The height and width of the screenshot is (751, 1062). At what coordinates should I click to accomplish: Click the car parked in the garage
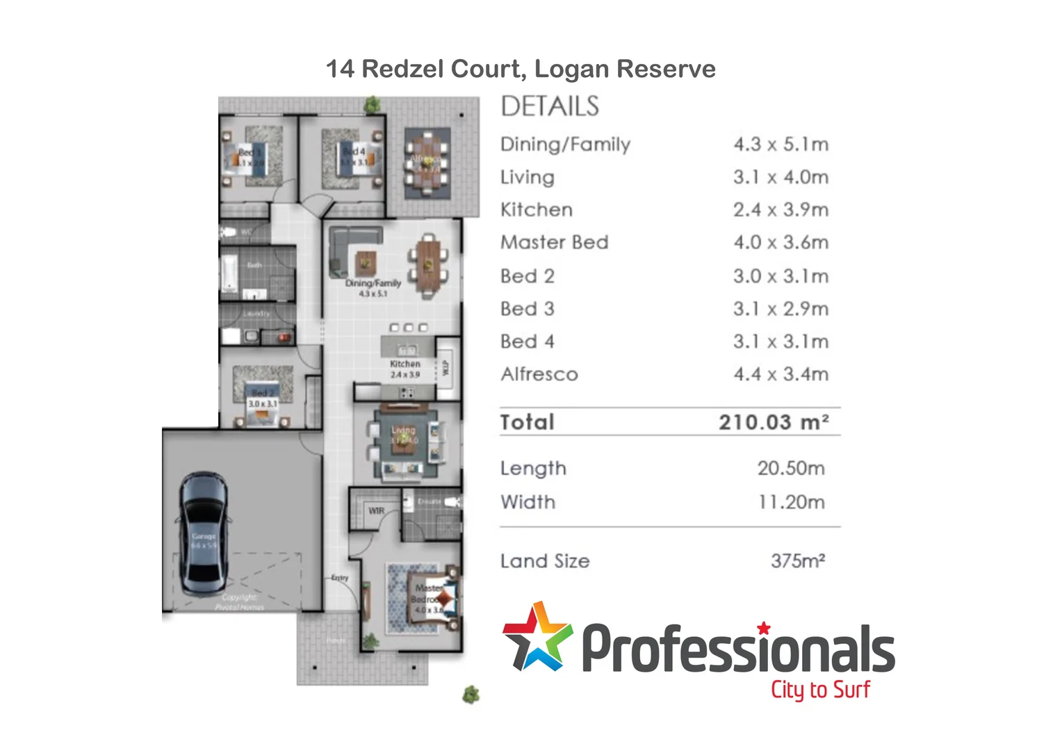pyautogui.click(x=204, y=533)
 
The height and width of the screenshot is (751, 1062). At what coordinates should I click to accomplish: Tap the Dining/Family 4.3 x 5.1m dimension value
pyautogui.click(x=781, y=145)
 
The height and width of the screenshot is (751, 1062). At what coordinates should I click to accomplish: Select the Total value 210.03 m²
pyautogui.click(x=773, y=422)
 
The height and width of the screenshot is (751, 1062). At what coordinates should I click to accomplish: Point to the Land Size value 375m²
pyautogui.click(x=797, y=561)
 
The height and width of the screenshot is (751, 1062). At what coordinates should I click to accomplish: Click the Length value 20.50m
pyautogui.click(x=791, y=469)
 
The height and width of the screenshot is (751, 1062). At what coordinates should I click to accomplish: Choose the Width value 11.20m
pyautogui.click(x=791, y=502)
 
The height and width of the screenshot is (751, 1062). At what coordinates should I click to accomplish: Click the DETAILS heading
pyautogui.click(x=549, y=106)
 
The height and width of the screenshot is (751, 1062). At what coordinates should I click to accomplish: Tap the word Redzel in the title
pyautogui.click(x=404, y=69)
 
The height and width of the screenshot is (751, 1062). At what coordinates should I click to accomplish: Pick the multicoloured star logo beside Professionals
pyautogui.click(x=537, y=637)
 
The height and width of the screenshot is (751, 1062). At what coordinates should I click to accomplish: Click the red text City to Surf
pyautogui.click(x=819, y=690)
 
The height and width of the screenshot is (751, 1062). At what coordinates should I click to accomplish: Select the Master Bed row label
pyautogui.click(x=554, y=243)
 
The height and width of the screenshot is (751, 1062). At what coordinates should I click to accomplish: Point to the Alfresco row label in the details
pyautogui.click(x=539, y=375)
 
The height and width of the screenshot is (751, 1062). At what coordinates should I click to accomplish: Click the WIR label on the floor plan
pyautogui.click(x=376, y=510)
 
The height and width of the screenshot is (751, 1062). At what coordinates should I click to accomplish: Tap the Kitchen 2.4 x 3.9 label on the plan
pyautogui.click(x=405, y=369)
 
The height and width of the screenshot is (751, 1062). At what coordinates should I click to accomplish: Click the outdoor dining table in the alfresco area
pyautogui.click(x=427, y=161)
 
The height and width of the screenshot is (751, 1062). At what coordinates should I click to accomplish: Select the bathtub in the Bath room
pyautogui.click(x=229, y=272)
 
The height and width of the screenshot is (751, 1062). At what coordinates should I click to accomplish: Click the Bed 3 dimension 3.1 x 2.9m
pyautogui.click(x=781, y=309)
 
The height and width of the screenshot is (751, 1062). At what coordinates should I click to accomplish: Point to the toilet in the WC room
pyautogui.click(x=227, y=232)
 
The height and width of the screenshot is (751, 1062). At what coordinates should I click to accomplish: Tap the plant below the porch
pyautogui.click(x=471, y=694)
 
